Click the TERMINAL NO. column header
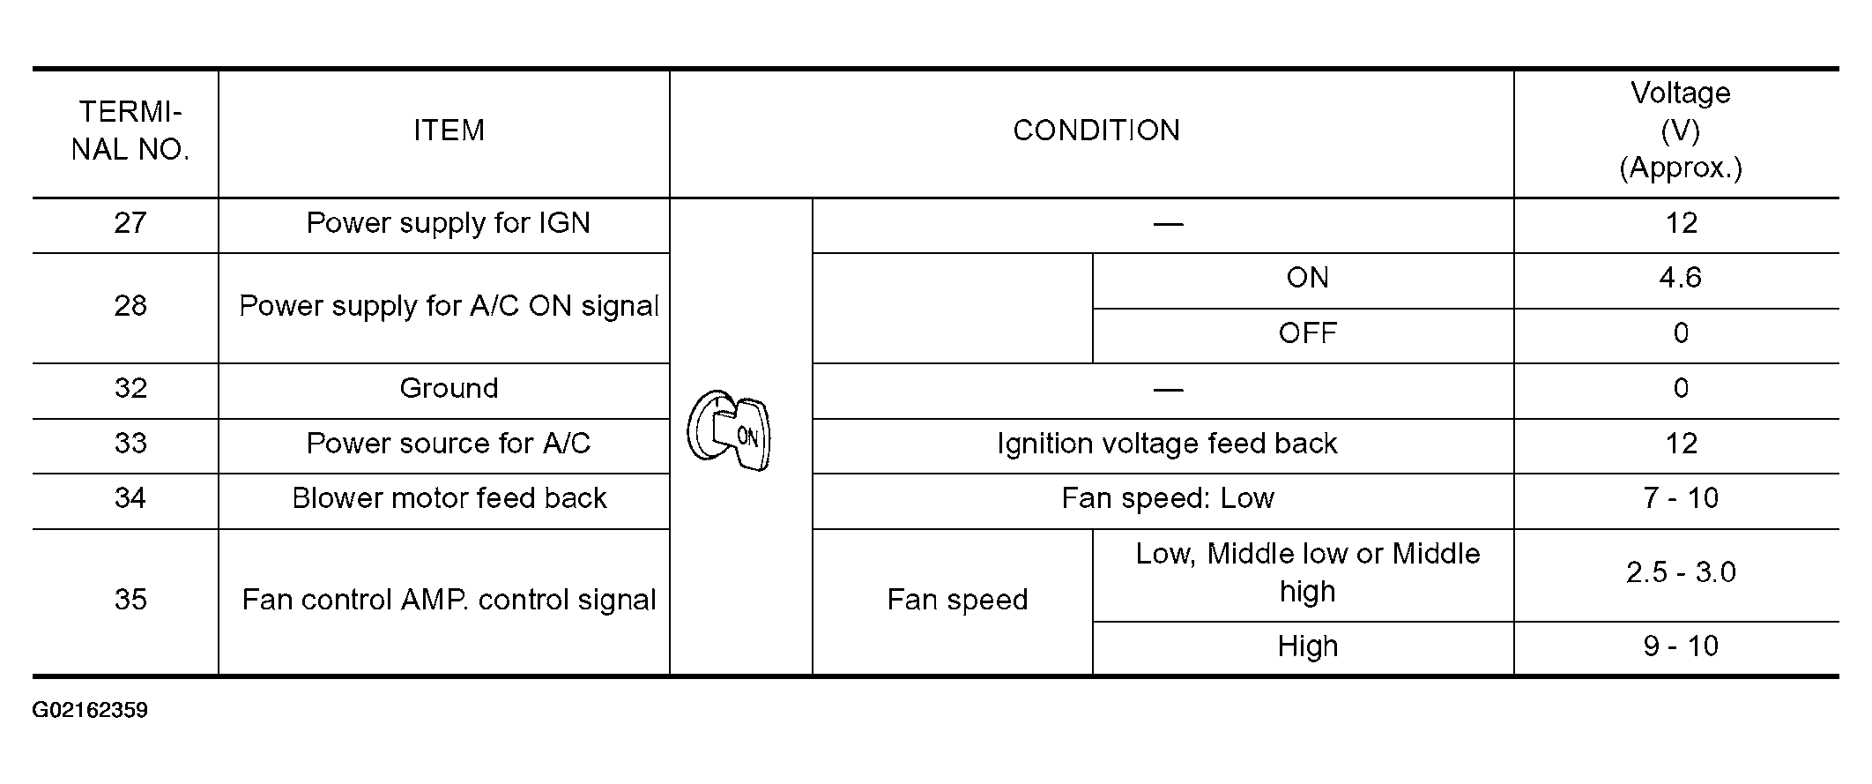(130, 131)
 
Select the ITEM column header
(449, 131)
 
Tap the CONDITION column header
(1096, 131)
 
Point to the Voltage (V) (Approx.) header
(1680, 131)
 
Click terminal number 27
(130, 223)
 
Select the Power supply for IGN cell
(448, 223)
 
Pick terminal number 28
(130, 306)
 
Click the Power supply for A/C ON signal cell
(449, 306)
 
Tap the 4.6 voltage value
(1680, 278)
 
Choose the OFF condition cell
(1307, 333)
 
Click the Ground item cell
(449, 388)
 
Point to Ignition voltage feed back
(1167, 444)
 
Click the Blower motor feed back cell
(449, 498)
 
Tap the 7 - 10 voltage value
(1680, 498)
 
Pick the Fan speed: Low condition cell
(1167, 498)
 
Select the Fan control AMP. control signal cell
(449, 600)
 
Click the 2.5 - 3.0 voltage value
(1680, 572)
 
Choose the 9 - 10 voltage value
(1680, 646)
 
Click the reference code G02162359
(90, 711)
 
